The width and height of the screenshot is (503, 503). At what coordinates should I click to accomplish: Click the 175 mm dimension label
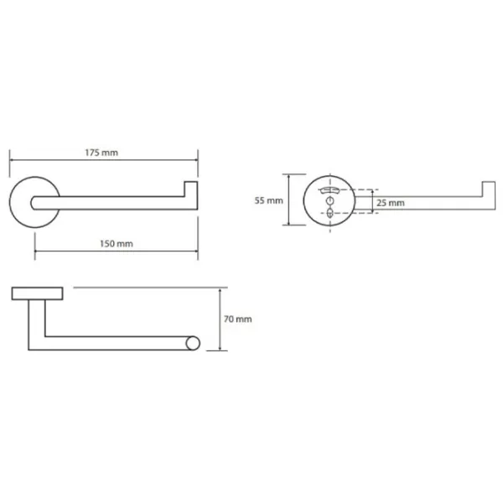pos(101,153)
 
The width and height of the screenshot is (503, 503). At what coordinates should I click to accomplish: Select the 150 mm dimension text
pos(117,244)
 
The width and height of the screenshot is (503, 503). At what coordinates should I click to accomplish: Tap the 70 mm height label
pos(238,319)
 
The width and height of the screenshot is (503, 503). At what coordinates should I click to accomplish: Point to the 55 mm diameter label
pos(269,201)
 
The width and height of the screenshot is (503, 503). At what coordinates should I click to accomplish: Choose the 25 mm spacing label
pos(391,203)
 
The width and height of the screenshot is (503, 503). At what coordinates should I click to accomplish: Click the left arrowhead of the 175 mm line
pos(12,160)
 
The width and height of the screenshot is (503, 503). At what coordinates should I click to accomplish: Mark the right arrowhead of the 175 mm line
pos(196,160)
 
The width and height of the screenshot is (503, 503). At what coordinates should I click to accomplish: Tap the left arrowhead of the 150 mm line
pos(37,251)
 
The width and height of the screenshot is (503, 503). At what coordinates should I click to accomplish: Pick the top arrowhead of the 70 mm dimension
pos(220,290)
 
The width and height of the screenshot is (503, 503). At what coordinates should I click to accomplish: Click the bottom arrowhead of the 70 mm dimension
pos(220,349)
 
